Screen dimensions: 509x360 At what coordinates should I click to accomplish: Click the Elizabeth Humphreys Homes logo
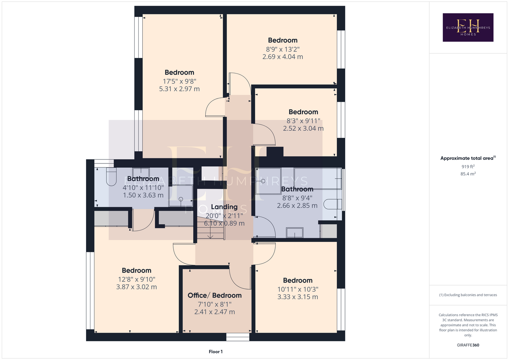click(x=468, y=27)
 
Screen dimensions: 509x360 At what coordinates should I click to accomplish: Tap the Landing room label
click(x=224, y=207)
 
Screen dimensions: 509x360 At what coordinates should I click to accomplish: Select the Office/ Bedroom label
click(x=214, y=295)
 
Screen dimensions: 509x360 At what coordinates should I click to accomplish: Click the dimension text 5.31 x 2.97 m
click(x=179, y=89)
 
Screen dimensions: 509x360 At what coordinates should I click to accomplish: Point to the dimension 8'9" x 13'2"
click(x=283, y=49)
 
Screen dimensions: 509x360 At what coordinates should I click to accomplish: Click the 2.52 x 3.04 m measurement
click(x=303, y=128)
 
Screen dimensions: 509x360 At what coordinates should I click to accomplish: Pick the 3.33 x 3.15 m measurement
click(x=298, y=297)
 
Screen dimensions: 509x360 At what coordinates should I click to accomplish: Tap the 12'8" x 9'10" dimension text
click(x=136, y=279)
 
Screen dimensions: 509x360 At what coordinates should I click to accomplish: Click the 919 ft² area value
click(x=468, y=166)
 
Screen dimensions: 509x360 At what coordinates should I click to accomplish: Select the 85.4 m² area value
click(x=468, y=174)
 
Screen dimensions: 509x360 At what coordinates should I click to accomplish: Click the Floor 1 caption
click(x=216, y=352)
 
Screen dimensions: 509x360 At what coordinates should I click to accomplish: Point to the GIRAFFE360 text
click(x=468, y=345)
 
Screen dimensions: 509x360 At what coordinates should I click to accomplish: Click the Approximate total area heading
click(x=468, y=158)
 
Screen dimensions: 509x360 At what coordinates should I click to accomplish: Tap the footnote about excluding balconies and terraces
click(x=468, y=295)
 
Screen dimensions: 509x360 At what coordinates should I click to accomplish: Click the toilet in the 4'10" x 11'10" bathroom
click(x=111, y=177)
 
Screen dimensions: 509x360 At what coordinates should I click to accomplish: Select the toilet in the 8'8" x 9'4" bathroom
click(x=332, y=204)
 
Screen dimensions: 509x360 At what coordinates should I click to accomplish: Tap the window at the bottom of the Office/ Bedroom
click(x=238, y=337)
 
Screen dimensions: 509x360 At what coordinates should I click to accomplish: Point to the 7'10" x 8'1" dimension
click(x=214, y=304)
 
